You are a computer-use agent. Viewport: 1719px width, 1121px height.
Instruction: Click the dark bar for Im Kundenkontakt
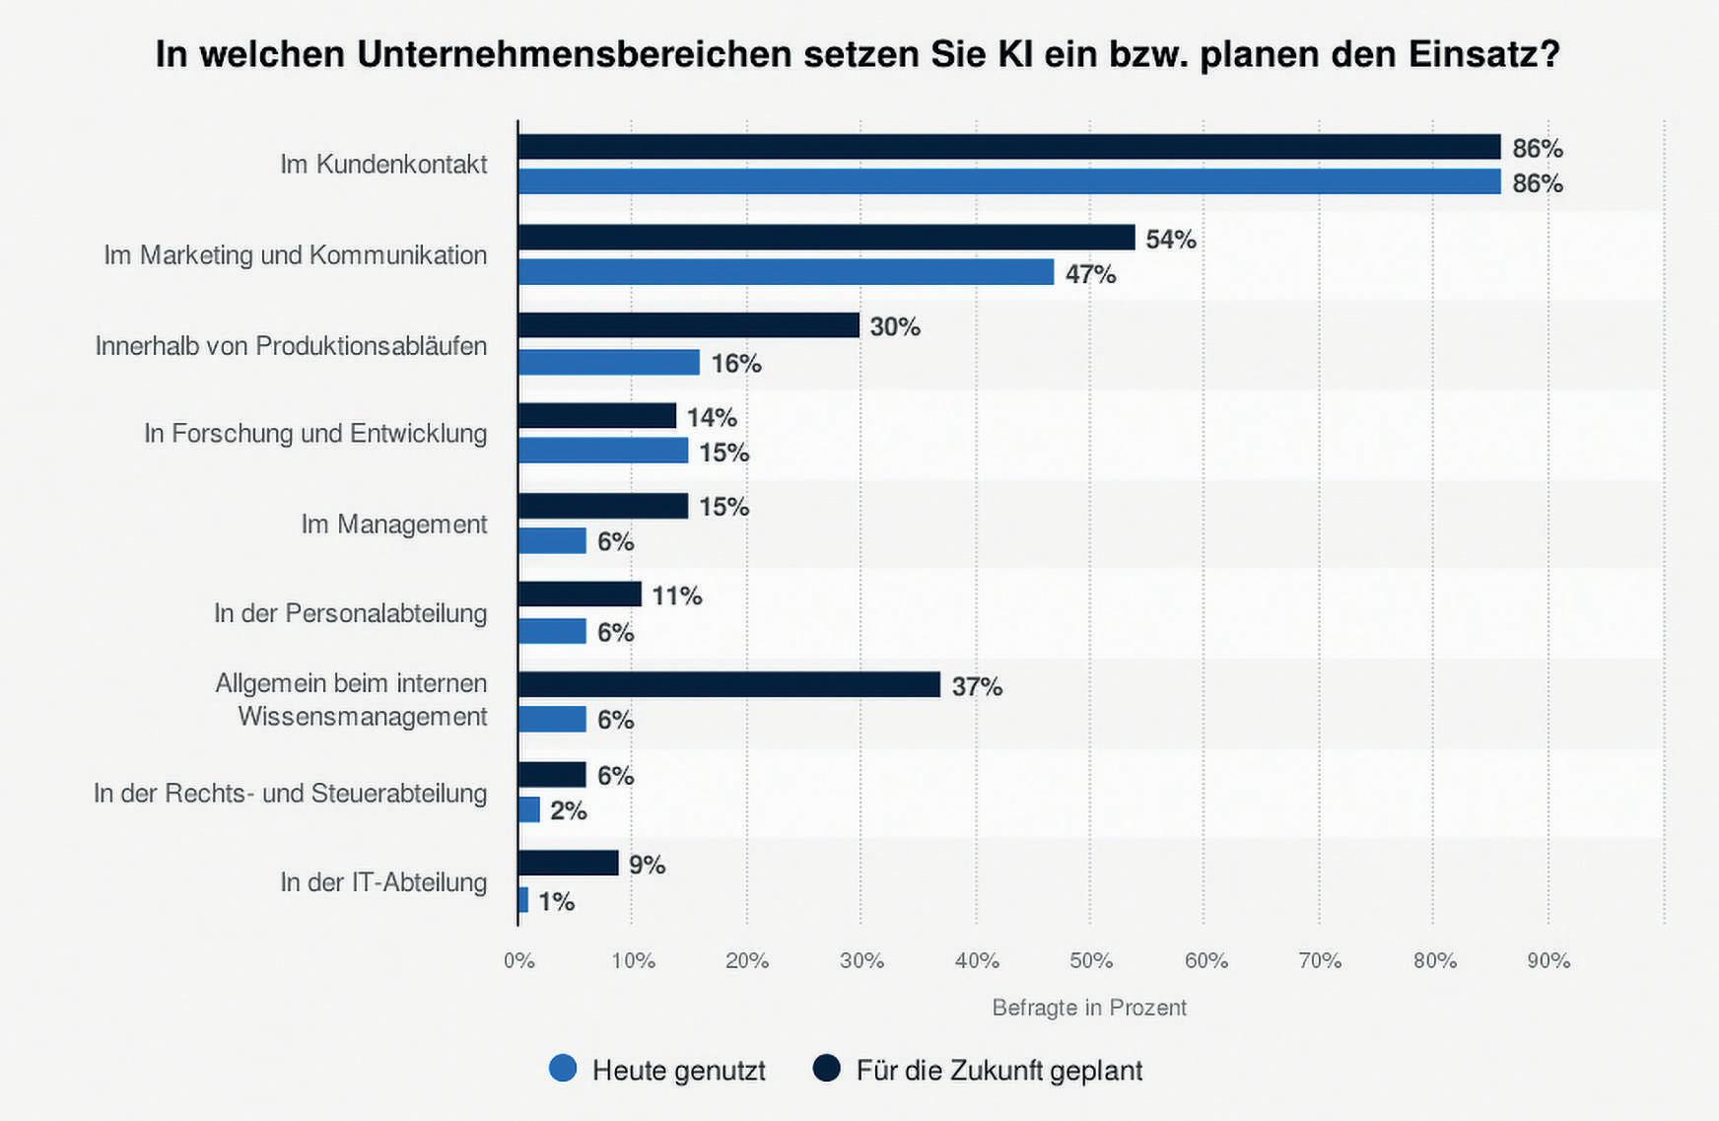click(x=1008, y=147)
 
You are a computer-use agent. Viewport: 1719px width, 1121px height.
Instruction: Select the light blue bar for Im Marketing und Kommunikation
click(x=786, y=272)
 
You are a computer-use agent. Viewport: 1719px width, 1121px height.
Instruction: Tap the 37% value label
click(x=977, y=686)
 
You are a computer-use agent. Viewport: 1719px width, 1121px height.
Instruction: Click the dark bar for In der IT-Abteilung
click(x=568, y=864)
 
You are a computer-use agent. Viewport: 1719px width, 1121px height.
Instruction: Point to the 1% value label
click(x=556, y=901)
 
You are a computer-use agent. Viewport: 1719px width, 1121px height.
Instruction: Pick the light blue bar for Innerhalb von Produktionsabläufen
click(x=608, y=363)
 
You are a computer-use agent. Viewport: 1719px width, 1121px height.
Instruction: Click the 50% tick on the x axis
click(x=1091, y=960)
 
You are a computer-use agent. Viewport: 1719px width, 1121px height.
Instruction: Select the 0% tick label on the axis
click(x=519, y=960)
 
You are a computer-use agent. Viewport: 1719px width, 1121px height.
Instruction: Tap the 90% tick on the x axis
click(x=1548, y=960)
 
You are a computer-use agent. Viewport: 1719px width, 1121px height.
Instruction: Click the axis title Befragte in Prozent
click(x=1089, y=1008)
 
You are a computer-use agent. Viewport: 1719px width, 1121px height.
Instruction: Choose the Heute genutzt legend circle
click(x=563, y=1069)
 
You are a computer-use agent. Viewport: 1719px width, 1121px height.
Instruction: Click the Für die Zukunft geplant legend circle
click(x=827, y=1069)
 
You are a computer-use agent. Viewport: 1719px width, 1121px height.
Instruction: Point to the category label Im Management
click(x=393, y=524)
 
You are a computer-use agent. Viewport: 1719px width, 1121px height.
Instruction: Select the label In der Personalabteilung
click(x=350, y=613)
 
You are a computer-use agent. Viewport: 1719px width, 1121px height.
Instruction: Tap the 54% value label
click(x=1171, y=239)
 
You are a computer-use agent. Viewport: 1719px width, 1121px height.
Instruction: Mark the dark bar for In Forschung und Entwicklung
click(x=596, y=416)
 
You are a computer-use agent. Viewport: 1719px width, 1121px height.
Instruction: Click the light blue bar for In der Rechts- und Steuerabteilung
click(x=529, y=809)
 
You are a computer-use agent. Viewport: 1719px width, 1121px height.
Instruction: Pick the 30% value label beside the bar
click(x=895, y=326)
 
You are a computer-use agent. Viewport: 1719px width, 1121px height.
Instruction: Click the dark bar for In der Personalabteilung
click(x=580, y=595)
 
